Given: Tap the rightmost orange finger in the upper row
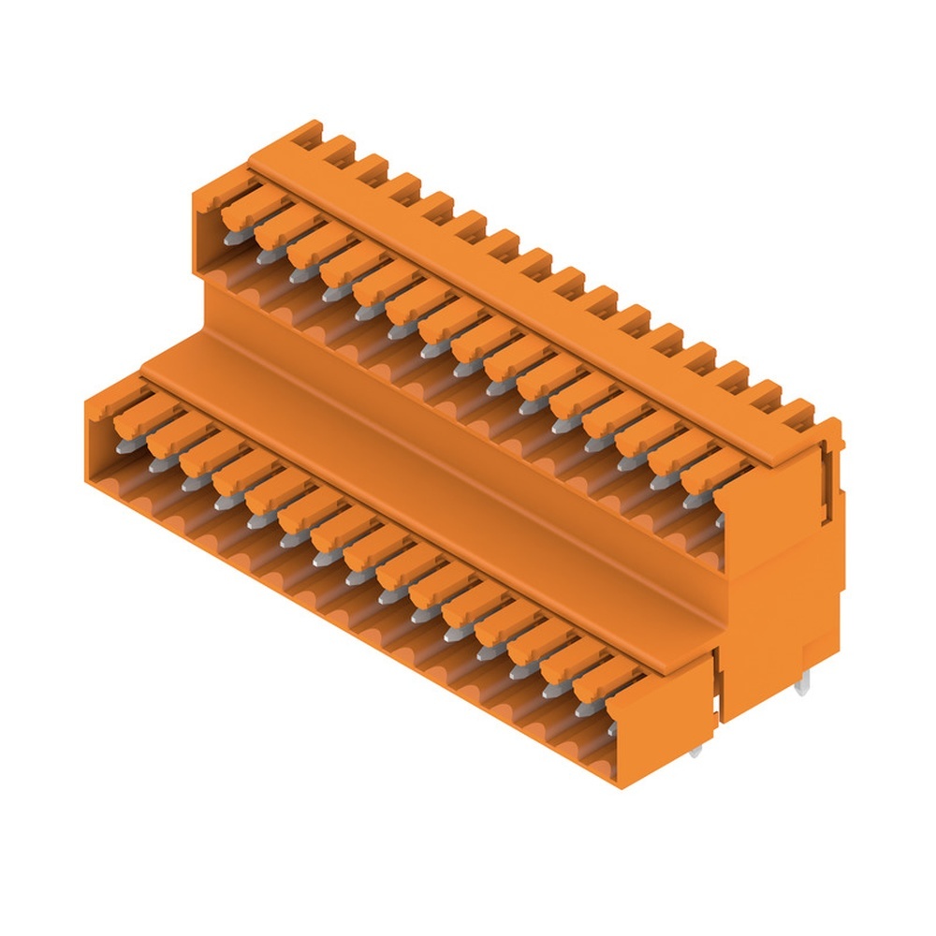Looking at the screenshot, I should click(x=717, y=474).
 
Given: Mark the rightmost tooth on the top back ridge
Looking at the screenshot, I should click(x=797, y=410).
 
